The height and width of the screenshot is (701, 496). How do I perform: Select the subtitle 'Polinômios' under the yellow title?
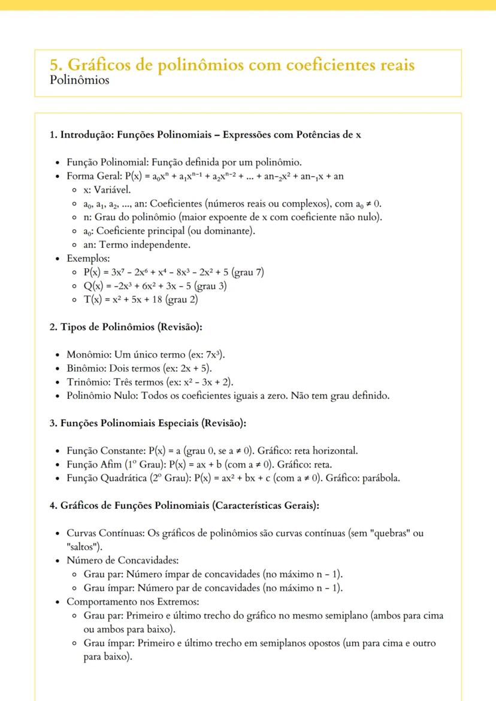[80, 80]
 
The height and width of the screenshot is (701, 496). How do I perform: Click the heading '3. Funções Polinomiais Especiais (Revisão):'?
[147, 423]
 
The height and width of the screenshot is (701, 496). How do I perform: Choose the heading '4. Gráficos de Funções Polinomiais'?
[185, 505]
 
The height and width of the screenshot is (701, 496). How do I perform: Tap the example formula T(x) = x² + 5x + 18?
[141, 300]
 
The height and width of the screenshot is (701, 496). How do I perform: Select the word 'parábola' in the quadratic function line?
[379, 478]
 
